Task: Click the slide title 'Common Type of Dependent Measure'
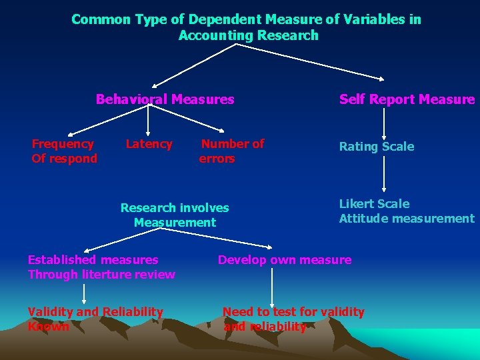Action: [x=246, y=19]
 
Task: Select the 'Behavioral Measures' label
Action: [x=165, y=99]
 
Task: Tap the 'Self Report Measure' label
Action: [x=407, y=99]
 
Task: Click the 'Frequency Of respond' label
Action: [x=64, y=151]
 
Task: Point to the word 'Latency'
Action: [x=149, y=143]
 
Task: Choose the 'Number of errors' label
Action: [x=231, y=151]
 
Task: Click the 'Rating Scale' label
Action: [x=376, y=146]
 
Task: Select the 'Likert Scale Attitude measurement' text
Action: [x=406, y=211]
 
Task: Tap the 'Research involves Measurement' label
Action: [x=175, y=215]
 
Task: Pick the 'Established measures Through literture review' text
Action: [x=101, y=267]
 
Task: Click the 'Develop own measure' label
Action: [x=285, y=259]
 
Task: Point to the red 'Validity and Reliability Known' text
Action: [x=95, y=319]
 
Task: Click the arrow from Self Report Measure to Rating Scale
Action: [x=383, y=123]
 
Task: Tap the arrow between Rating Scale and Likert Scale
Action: [x=383, y=175]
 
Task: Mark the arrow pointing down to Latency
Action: [x=148, y=122]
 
